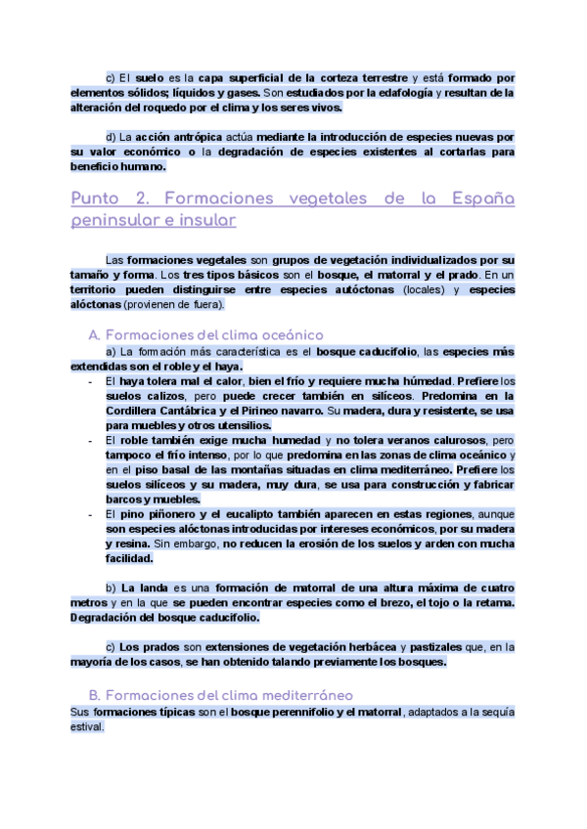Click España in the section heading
point(482,198)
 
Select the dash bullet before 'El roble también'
point(90,441)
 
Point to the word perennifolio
point(274,713)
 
